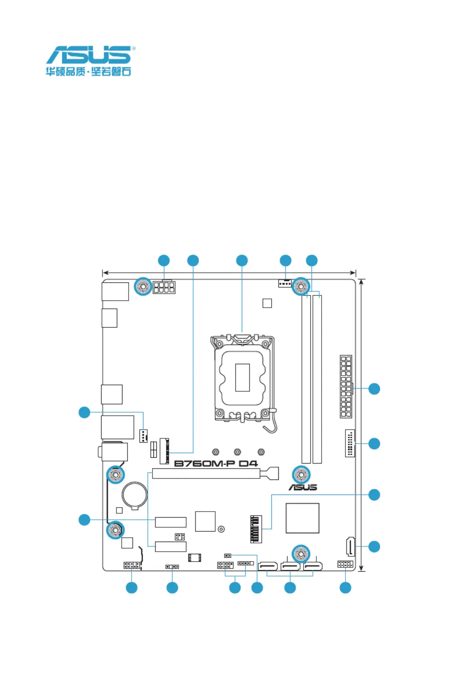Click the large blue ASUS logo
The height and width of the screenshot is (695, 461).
tap(89, 55)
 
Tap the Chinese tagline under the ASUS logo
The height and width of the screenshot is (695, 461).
tap(88, 71)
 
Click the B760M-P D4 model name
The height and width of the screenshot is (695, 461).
tap(216, 463)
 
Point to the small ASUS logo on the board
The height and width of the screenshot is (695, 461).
tap(302, 487)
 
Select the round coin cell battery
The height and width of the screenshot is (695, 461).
tap(135, 495)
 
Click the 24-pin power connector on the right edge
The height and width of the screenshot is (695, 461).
tap(346, 386)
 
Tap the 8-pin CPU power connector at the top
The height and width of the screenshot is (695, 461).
tap(164, 287)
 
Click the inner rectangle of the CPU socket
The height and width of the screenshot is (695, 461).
tap(242, 377)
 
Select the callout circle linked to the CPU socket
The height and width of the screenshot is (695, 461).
tap(242, 261)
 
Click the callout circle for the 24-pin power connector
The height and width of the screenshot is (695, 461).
tap(374, 389)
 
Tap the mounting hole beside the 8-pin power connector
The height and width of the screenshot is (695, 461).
tap(143, 286)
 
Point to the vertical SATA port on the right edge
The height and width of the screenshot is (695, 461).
tap(350, 546)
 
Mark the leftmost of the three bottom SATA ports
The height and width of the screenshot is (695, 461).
tap(268, 566)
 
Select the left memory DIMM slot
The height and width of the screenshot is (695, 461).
tap(306, 379)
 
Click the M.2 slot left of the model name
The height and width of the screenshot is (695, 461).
tap(164, 451)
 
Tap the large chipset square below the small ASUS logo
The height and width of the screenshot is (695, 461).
tap(302, 518)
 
